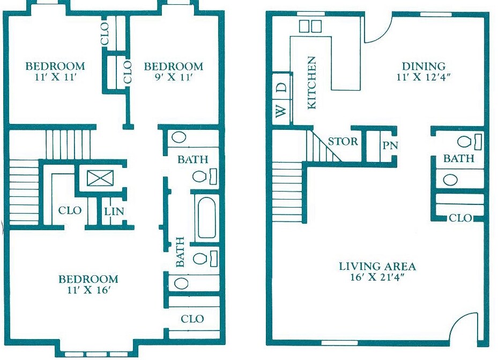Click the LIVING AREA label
pos(377,266)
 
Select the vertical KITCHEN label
pos(311,83)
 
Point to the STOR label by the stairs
pos(343,142)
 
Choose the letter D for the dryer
pos(281,86)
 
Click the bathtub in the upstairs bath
pos(207,218)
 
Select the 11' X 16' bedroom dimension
pos(88,291)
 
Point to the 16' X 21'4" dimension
pos(377,278)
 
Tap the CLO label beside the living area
pos(460,218)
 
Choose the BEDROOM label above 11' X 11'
pos(55,67)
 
